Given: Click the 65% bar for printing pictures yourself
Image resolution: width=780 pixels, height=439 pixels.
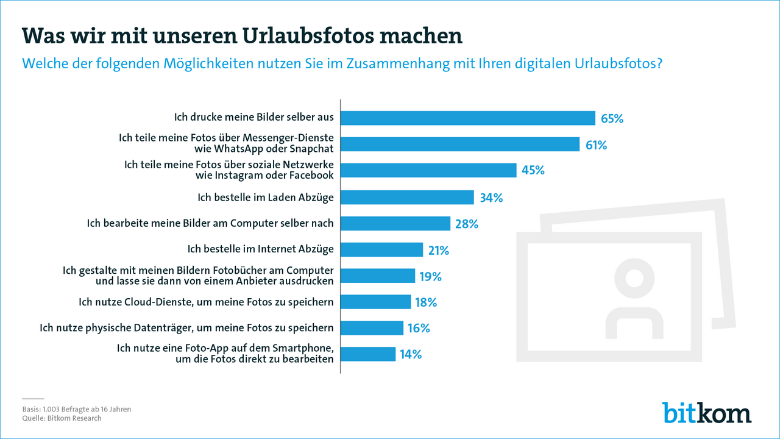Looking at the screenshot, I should coord(467,118).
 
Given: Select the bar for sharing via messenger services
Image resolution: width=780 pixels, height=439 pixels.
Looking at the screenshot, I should coord(459,145).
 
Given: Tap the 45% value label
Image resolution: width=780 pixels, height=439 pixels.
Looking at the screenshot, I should coord(532,171).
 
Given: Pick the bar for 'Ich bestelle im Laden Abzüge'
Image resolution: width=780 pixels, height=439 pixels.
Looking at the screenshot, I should coord(407,198).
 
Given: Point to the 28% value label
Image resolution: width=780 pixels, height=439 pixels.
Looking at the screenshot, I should coord(466,224).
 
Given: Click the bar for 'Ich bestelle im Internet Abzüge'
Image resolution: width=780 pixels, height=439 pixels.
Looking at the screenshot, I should coord(381,250).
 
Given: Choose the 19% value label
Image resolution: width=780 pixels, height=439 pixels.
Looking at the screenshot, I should coord(430,276).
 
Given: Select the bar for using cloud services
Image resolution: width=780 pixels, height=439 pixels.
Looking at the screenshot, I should coord(375,302).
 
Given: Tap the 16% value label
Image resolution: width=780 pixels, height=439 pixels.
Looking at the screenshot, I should coord(418,328).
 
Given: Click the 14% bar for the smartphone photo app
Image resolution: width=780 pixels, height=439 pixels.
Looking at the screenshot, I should coord(368,354).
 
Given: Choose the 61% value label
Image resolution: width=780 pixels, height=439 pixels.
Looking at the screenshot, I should coord(596,145).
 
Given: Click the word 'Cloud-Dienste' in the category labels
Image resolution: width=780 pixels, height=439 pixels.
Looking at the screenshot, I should coord(152,302).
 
